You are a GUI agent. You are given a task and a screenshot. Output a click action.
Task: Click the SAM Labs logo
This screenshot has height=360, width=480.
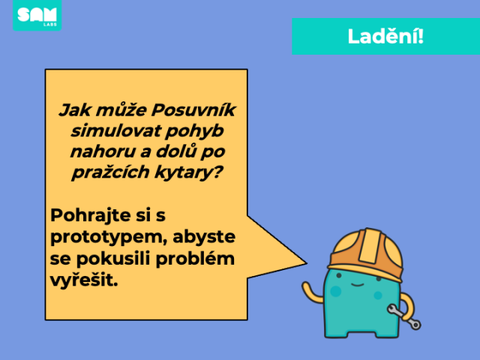pos(37,15)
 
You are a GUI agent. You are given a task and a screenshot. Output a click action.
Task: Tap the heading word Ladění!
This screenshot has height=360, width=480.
pos(385,37)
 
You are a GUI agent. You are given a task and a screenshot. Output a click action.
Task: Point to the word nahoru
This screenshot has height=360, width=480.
pos(103,151)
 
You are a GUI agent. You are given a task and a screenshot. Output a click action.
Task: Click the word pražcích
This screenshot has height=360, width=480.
pos(110,172)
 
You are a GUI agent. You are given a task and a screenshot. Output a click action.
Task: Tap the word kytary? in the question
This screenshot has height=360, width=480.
pos(188,172)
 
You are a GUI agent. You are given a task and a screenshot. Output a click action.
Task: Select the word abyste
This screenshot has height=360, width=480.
pos(204,237)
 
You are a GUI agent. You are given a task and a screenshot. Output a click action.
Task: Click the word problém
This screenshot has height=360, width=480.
pos(195,259)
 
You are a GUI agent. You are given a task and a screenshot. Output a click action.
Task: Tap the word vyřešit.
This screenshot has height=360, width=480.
pos(84,280)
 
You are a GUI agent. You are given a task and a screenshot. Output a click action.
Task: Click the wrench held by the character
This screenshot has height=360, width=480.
pos(404,316)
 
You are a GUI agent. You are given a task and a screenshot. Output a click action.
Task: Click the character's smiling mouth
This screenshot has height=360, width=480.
pos(357,285)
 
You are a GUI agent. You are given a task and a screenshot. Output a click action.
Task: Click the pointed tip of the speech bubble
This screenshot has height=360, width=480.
pos(307,262)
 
